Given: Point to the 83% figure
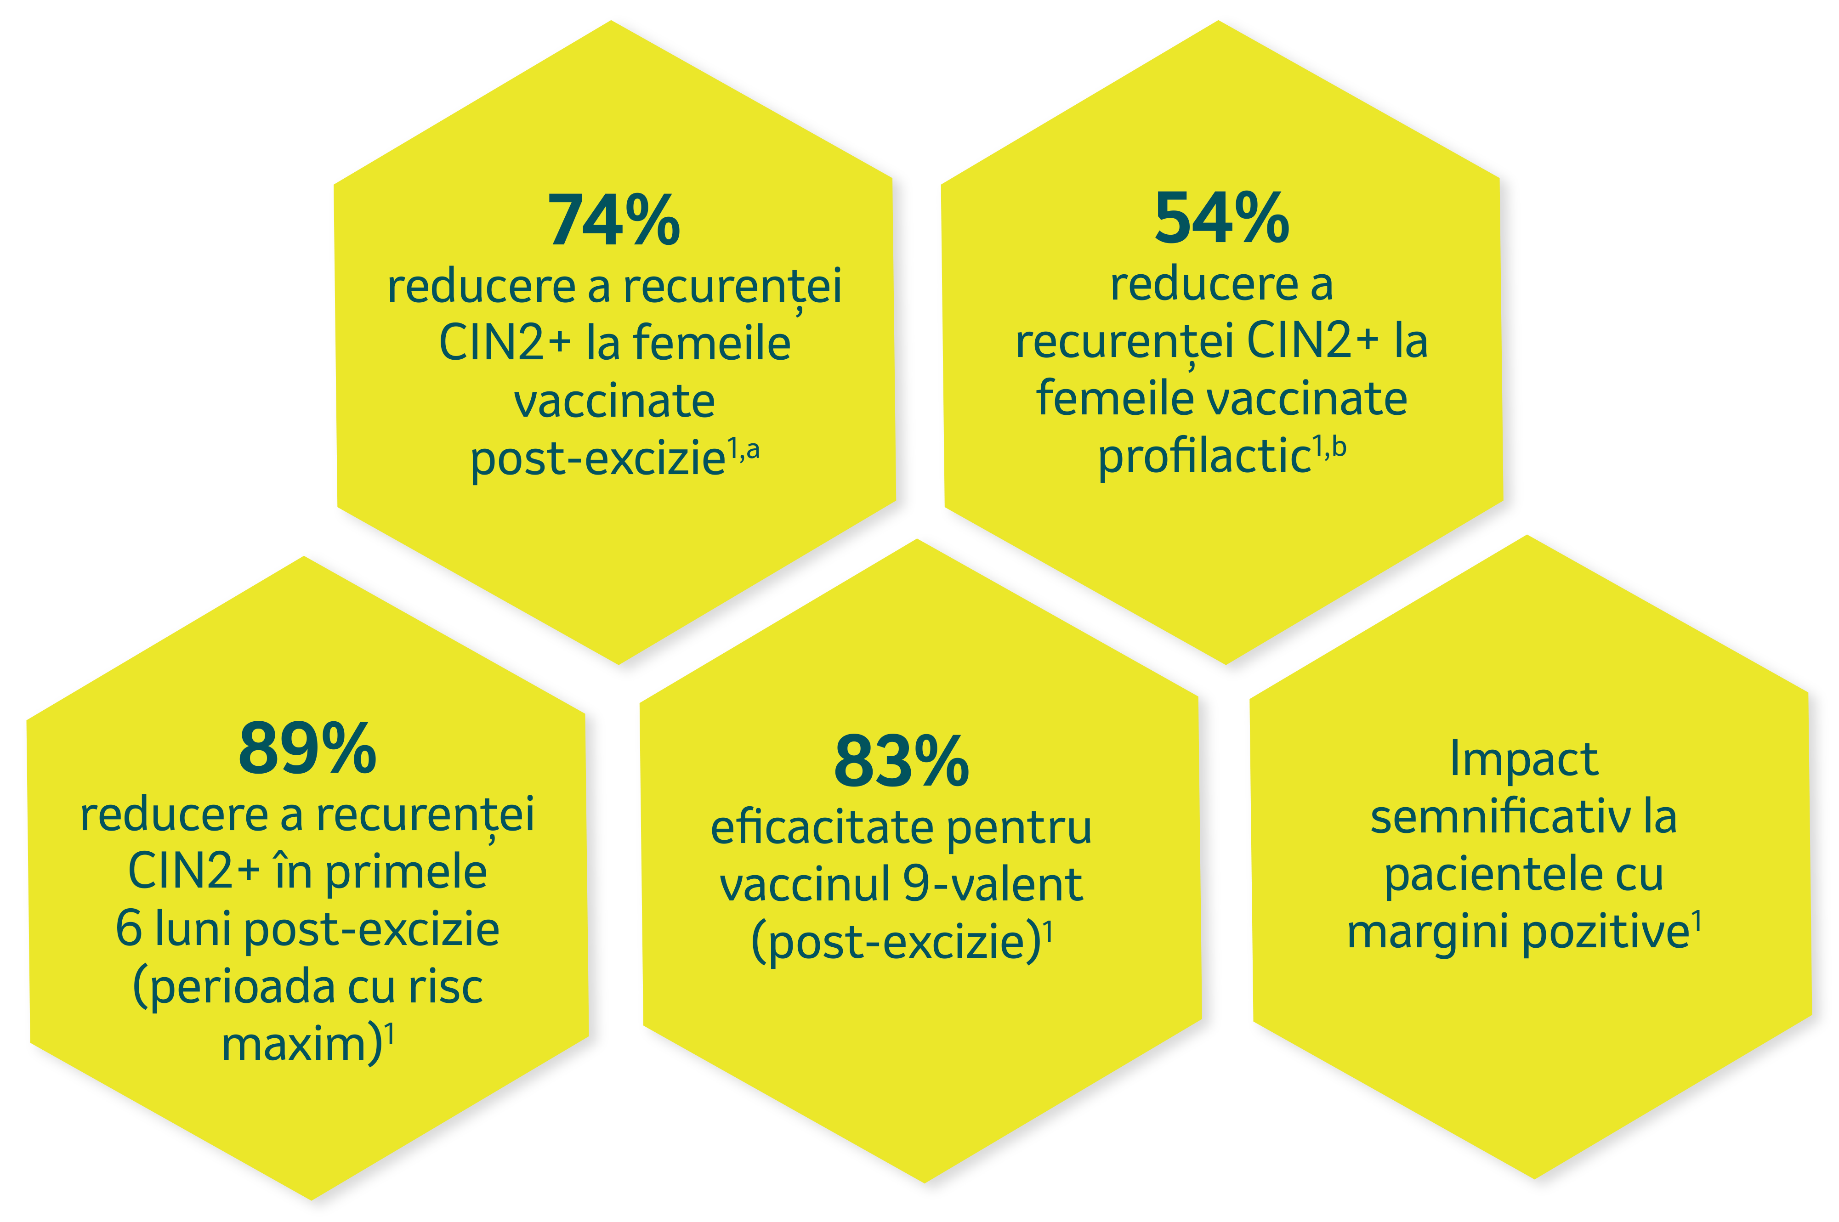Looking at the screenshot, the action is point(902,761).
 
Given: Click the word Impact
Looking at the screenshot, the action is point(1524,758).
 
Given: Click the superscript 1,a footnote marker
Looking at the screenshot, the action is point(743,450).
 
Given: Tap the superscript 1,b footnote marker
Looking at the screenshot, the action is point(1329,447).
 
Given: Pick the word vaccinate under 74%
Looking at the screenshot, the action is point(614,401).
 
